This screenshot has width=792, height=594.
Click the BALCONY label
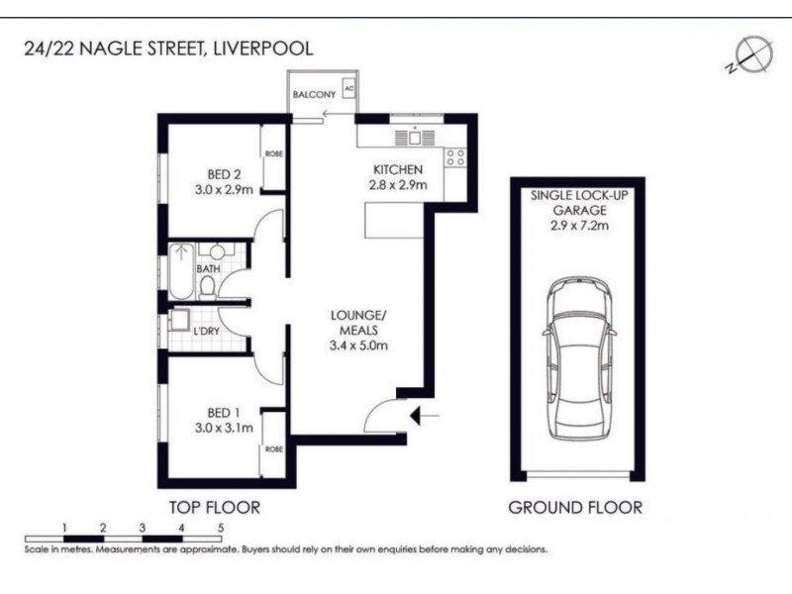click(x=314, y=95)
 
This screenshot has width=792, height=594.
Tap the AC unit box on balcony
click(x=347, y=89)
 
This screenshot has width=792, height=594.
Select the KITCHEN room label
click(x=398, y=169)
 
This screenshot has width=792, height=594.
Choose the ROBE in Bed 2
click(x=273, y=154)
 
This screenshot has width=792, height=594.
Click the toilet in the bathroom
click(x=209, y=285)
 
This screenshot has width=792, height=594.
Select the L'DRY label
click(x=206, y=330)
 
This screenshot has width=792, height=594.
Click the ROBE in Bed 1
click(x=273, y=448)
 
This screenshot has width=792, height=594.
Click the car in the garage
click(x=575, y=355)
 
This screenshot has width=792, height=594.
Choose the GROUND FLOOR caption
click(x=574, y=508)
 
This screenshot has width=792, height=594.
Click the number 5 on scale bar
click(x=221, y=528)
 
